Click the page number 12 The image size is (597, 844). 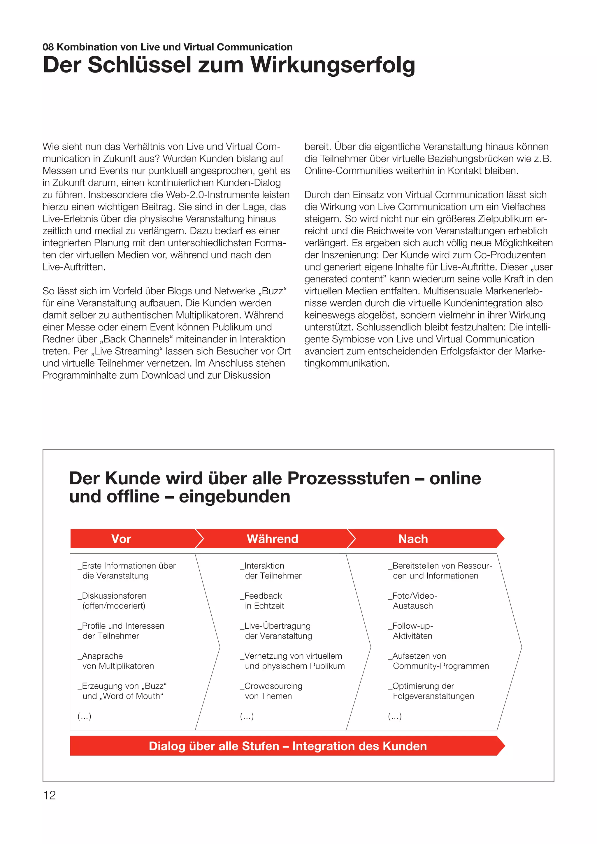point(49,795)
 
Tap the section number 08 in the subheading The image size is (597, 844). point(48,47)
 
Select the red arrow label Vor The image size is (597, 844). point(121,539)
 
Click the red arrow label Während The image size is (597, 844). point(272,539)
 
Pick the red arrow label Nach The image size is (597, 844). point(413,539)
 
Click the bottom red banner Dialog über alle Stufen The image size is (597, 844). point(287,746)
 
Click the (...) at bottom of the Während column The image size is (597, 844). point(247,716)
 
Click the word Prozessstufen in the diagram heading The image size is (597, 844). point(349,479)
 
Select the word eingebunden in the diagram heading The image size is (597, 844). point(235,497)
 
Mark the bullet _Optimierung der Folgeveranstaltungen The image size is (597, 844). point(432,691)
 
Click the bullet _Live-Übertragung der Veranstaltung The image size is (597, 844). point(276,631)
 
